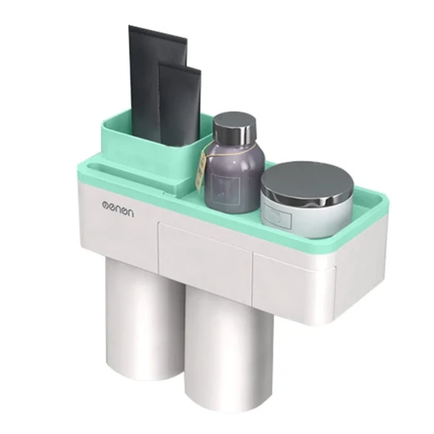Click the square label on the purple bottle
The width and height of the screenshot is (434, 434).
[226, 187]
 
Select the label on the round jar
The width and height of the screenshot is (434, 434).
[278, 214]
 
